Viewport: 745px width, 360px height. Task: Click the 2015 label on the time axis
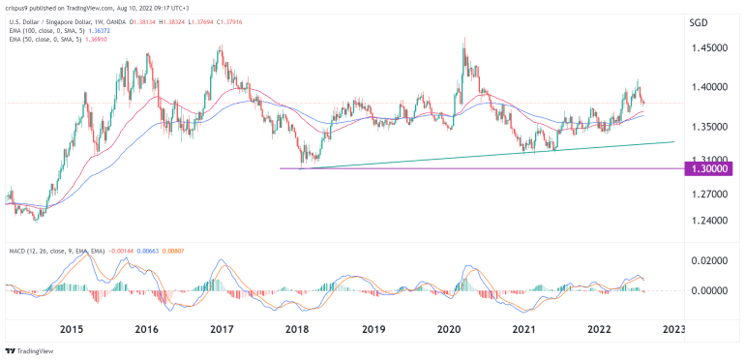pos(69,329)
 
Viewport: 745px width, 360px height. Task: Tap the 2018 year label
pos(296,329)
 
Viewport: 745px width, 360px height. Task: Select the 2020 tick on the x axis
pos(448,329)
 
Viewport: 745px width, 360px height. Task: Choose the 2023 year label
pos(674,329)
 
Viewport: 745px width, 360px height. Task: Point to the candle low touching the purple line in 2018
pos(303,167)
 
